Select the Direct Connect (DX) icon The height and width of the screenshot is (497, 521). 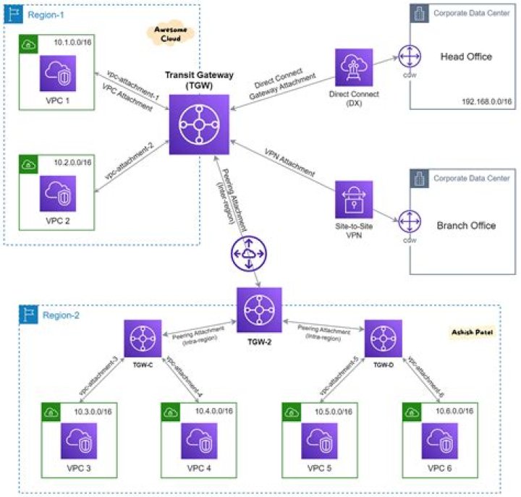[353, 68]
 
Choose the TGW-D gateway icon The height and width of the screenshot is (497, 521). [381, 338]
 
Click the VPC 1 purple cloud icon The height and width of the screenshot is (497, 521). [57, 73]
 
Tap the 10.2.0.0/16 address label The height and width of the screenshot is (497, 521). [72, 163]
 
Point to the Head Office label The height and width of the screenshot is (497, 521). [466, 56]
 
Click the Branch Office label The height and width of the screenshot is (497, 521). [466, 225]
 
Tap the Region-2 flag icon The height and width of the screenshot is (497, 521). [30, 313]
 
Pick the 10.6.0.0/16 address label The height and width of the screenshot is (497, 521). [458, 411]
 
